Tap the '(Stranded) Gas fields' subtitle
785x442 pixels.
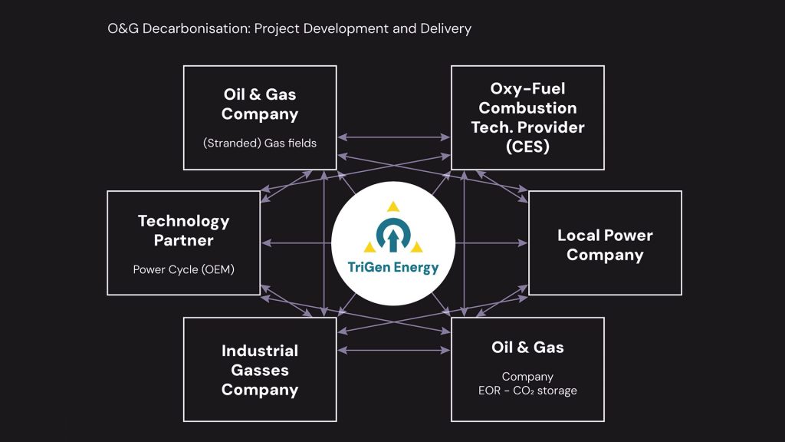260,143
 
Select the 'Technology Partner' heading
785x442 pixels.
183,230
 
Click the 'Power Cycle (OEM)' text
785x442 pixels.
183,269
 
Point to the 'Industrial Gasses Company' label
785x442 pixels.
260,370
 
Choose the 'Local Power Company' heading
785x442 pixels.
605,245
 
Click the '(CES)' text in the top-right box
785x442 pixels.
527,147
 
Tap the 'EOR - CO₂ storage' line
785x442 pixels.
527,391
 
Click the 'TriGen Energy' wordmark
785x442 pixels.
392,268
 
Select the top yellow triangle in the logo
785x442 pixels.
393,206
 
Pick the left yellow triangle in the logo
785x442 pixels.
370,247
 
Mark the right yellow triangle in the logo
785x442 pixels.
416,247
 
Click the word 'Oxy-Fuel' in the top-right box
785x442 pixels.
527,88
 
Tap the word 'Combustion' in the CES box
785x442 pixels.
527,107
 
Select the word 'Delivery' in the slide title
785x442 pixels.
445,29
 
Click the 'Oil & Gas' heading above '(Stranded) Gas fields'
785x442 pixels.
260,94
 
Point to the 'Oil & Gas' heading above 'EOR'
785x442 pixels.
527,348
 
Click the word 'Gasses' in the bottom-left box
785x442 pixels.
260,370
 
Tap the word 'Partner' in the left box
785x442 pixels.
183,240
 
